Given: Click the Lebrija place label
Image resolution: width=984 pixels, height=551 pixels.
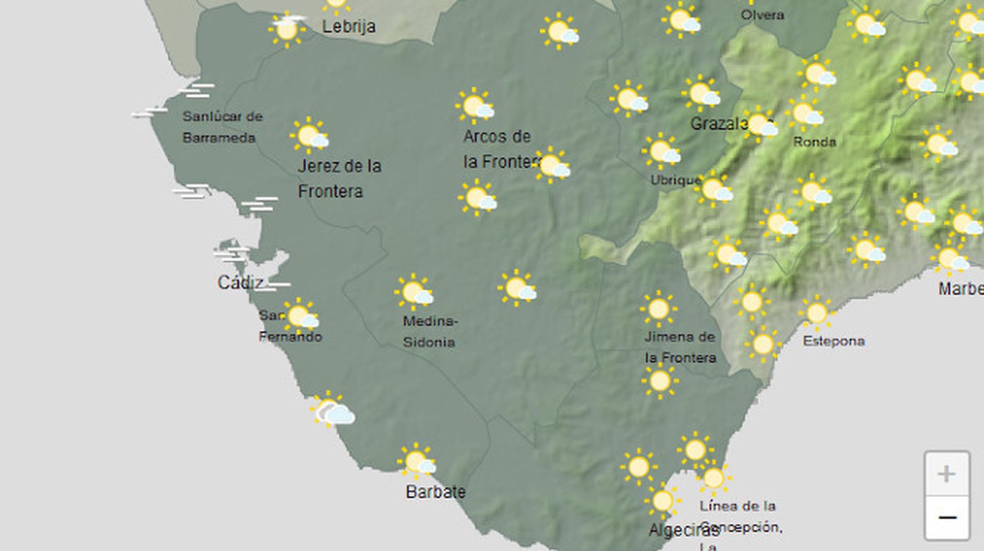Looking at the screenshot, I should [x=349, y=26].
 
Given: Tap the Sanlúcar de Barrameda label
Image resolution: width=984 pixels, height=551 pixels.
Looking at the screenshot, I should [x=221, y=127].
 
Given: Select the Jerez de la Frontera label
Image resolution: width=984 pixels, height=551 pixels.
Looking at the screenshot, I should [x=339, y=178].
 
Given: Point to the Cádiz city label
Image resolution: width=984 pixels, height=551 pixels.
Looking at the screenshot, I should [x=240, y=282].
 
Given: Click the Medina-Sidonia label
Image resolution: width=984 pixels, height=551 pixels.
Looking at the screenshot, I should [x=430, y=332].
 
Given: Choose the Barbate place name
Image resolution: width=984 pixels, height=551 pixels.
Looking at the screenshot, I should [x=435, y=491].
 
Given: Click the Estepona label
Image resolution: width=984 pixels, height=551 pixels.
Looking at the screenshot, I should [x=833, y=341].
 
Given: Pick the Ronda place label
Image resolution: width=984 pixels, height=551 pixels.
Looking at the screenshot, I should [x=814, y=142].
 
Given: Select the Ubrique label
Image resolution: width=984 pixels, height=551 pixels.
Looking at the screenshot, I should [x=675, y=180].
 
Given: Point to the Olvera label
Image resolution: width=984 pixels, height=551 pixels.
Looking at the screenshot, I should [x=762, y=15].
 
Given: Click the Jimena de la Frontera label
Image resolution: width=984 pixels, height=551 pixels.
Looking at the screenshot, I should [x=680, y=347].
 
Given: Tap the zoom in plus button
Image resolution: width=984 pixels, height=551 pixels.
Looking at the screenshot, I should [x=946, y=474].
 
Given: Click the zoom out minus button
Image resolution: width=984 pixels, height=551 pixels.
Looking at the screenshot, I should [x=946, y=518].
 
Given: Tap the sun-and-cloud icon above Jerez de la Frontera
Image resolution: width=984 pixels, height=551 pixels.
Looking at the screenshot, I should [x=309, y=136].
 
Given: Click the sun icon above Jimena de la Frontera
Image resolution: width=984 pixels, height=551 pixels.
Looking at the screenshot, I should [x=658, y=309].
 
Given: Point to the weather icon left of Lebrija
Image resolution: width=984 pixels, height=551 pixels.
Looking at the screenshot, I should [x=287, y=29].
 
